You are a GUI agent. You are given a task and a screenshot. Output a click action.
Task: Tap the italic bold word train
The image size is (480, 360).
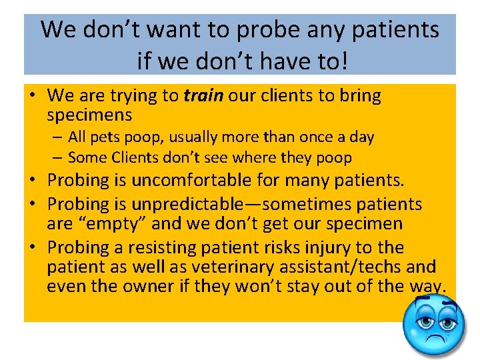point(203,96)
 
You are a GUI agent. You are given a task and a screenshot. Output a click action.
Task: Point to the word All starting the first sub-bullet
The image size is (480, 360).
point(77,137)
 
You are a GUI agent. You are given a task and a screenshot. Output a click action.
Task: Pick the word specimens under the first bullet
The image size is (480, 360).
point(89,115)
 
